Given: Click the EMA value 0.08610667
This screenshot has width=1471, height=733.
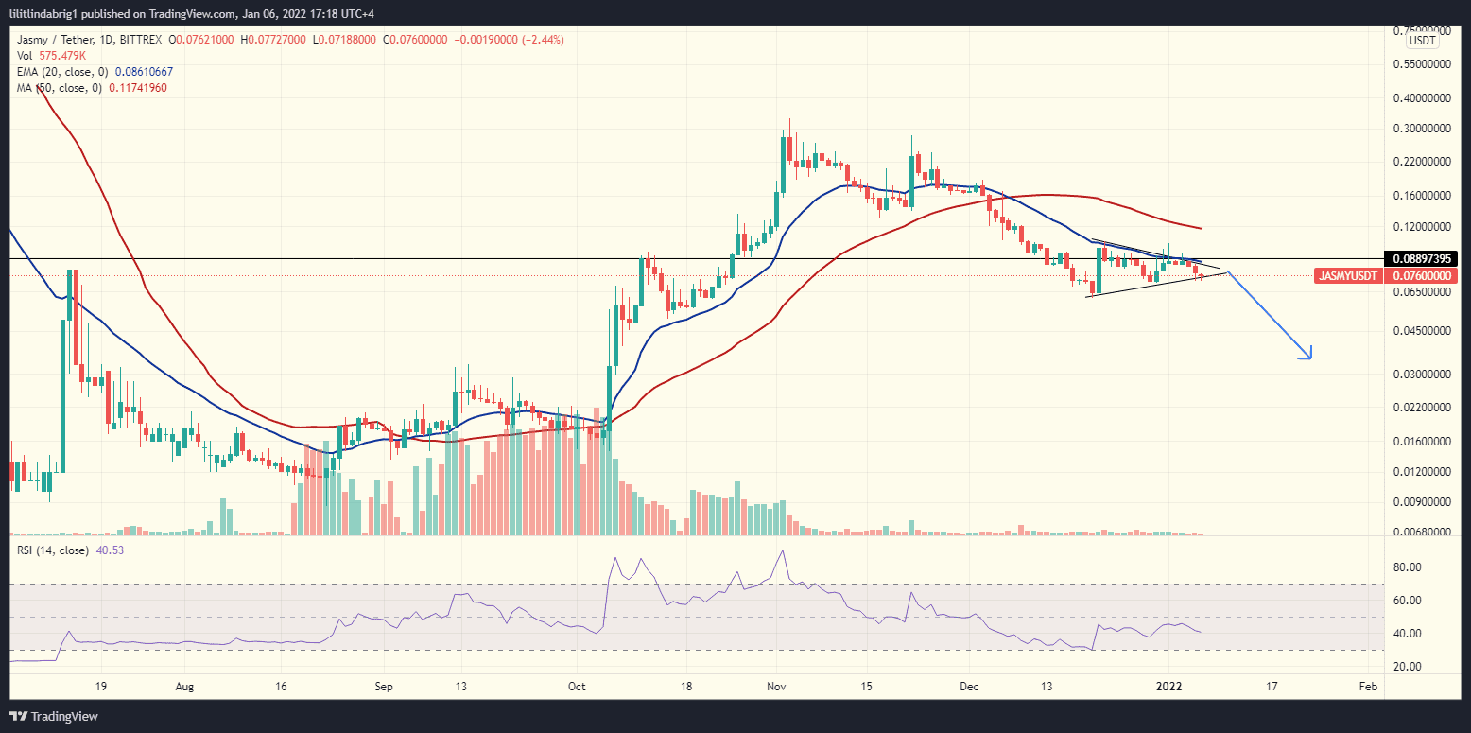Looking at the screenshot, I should pyautogui.click(x=144, y=72).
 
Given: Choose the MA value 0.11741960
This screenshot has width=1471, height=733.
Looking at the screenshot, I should pyautogui.click(x=140, y=88).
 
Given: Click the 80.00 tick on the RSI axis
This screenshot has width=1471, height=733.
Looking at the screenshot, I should pyautogui.click(x=1408, y=567).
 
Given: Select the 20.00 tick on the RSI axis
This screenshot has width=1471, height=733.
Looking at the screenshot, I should pyautogui.click(x=1408, y=667).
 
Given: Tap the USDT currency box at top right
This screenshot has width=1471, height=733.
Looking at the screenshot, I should pyautogui.click(x=1423, y=41).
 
